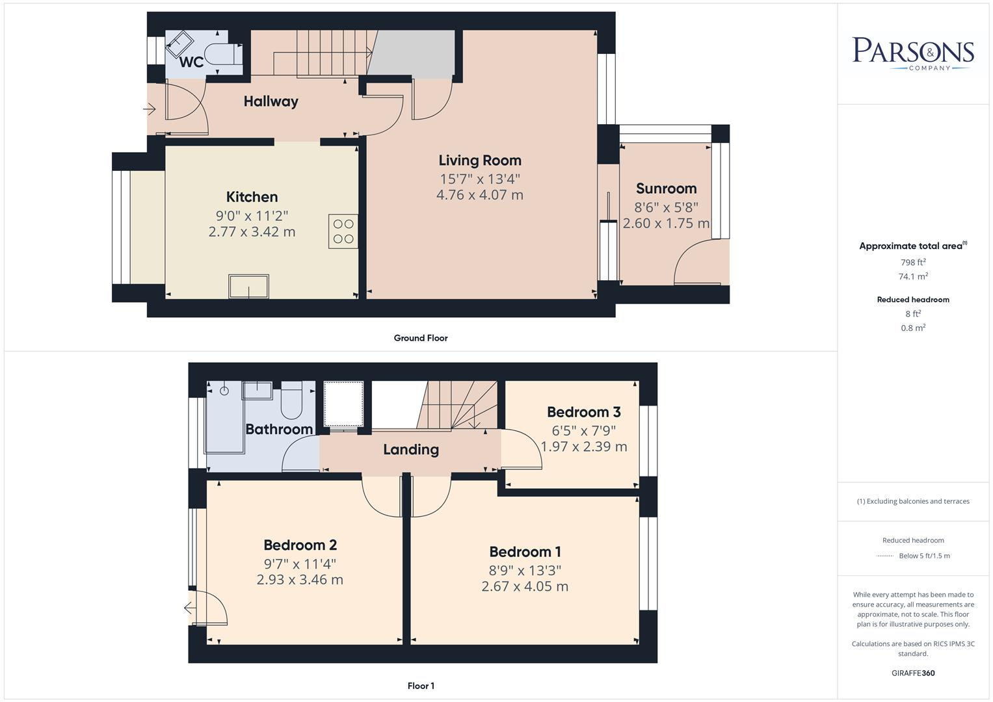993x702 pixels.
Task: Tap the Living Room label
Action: (480, 161)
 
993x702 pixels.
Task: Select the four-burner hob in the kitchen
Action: (343, 231)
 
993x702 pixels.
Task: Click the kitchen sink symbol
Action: (248, 286)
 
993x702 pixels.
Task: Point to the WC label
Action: (191, 62)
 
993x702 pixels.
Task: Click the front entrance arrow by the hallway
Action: (150, 109)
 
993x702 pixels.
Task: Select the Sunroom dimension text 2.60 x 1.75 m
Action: (666, 224)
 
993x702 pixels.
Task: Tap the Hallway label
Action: (271, 101)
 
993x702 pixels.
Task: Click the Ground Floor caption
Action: (420, 338)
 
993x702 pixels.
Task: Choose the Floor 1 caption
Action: (421, 686)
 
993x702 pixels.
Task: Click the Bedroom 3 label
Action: (583, 412)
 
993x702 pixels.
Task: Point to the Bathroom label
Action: (278, 430)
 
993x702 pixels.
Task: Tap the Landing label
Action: (410, 450)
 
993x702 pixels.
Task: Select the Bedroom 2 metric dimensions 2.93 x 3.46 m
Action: (300, 580)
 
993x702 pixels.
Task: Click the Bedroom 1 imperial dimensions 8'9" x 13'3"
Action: (525, 570)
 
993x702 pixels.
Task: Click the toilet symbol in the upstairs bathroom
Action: (291, 401)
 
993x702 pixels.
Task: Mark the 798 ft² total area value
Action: (913, 263)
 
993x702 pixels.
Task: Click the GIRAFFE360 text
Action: (913, 673)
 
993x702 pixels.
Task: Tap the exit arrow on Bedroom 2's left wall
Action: (189, 608)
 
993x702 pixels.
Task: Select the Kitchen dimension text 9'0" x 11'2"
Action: (252, 215)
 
